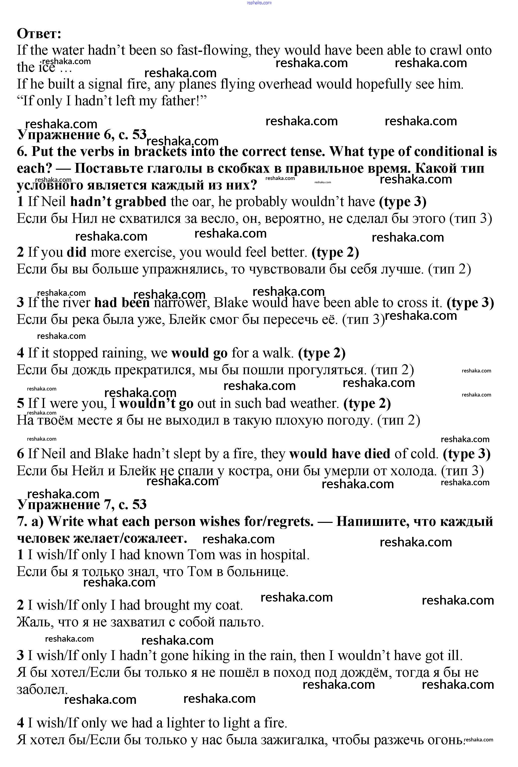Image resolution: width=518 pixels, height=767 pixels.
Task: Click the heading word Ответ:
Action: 39,34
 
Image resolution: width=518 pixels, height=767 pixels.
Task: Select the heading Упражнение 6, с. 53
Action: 81,135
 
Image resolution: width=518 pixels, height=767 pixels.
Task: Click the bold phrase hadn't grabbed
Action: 118,202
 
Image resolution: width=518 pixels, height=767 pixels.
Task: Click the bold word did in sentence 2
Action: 76,252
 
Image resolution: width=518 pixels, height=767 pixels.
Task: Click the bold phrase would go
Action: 199,353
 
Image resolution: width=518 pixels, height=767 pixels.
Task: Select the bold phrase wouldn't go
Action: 156,404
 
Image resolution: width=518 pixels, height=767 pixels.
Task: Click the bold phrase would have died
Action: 340,454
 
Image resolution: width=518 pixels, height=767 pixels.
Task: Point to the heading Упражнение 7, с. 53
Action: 81,505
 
